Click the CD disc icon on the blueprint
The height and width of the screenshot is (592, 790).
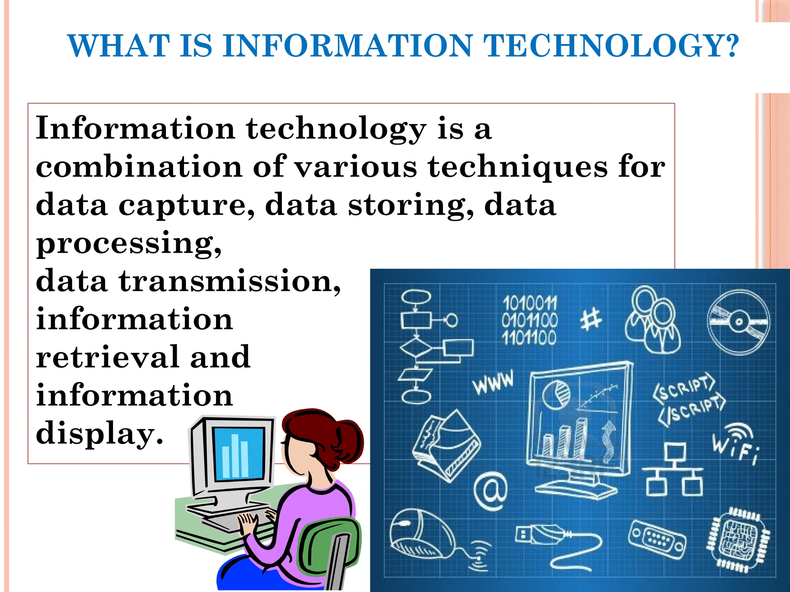pyautogui.click(x=738, y=322)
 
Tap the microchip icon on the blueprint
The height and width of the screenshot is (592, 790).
pyautogui.click(x=737, y=540)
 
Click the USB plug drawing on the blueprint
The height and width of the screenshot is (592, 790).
pyautogui.click(x=540, y=534)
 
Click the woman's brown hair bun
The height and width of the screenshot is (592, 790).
pyautogui.click(x=347, y=439)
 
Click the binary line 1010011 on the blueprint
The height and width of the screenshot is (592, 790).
pyautogui.click(x=530, y=303)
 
